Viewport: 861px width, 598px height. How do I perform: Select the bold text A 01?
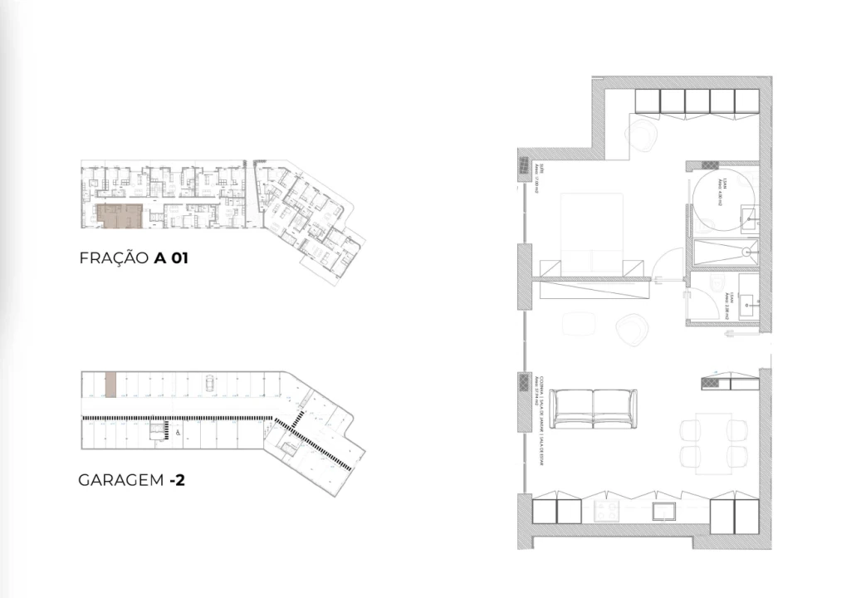(172, 258)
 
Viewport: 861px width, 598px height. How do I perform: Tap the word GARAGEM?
(120, 480)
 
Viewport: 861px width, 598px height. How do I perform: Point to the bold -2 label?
(176, 480)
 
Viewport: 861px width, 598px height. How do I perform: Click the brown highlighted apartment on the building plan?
(120, 216)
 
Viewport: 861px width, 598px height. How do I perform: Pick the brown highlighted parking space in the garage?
(110, 385)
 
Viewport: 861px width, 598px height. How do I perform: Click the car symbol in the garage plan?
(208, 382)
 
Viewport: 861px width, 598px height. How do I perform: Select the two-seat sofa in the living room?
(594, 408)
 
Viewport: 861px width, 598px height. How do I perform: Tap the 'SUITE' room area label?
(538, 176)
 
